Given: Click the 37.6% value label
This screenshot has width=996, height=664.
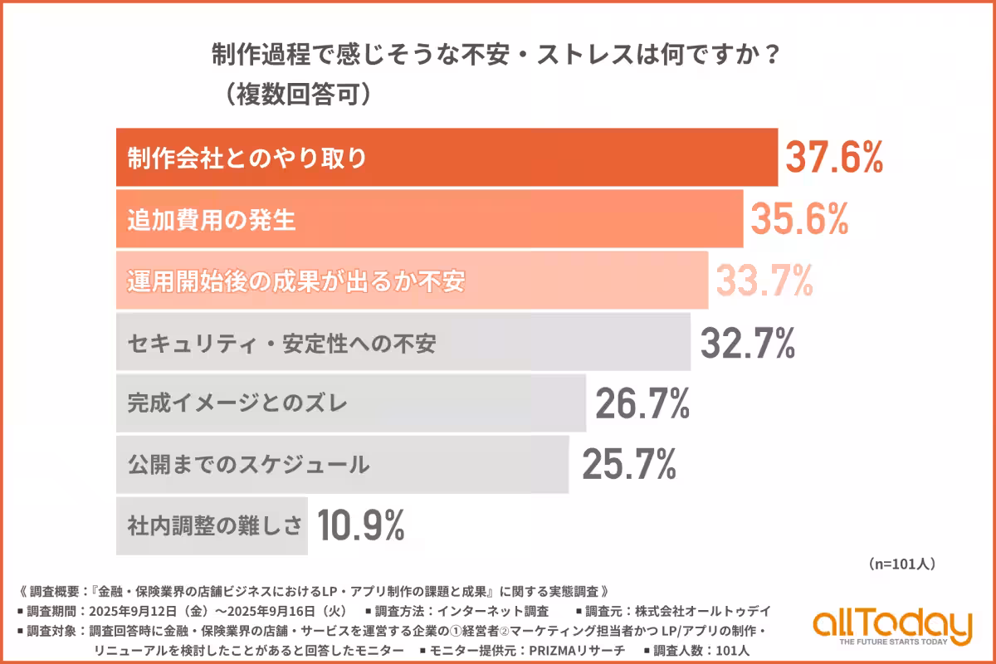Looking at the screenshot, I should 833,158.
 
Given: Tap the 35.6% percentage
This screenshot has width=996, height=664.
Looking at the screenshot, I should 799,219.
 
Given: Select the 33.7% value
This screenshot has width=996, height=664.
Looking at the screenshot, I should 764,281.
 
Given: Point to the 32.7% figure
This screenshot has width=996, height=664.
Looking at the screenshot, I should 748,342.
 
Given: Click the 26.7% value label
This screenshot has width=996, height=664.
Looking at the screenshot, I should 642,403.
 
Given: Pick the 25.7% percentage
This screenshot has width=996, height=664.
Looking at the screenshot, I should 628,465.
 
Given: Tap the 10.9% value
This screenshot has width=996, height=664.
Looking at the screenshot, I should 359,525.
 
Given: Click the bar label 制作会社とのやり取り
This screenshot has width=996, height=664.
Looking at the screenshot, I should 247,158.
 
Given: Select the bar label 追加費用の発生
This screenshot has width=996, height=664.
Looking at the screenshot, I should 212,220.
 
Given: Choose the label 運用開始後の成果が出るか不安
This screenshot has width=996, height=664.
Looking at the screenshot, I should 296,281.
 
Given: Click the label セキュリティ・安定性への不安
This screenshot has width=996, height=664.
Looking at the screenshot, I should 281,343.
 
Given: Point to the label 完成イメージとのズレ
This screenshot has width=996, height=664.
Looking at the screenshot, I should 237,404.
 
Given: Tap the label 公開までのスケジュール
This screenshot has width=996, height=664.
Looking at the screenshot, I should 248,465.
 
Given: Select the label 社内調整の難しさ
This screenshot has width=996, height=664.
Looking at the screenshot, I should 214,526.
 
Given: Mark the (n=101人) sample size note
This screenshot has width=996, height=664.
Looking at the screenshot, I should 902,564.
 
